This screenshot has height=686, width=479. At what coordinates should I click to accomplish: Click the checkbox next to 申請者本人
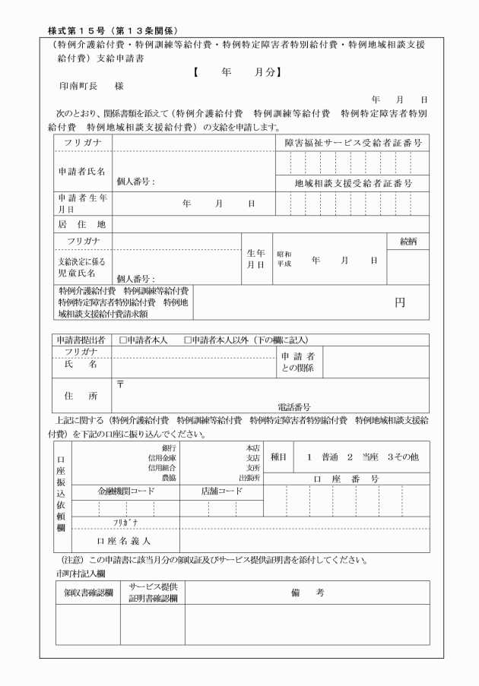[x=123, y=340]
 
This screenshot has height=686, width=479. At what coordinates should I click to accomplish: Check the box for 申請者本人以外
[x=187, y=340]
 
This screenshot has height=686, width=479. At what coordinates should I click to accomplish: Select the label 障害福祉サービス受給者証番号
[x=353, y=143]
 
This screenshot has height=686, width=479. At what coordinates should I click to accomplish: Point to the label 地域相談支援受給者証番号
[x=353, y=183]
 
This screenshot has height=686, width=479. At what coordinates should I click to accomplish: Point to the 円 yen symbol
[x=399, y=302]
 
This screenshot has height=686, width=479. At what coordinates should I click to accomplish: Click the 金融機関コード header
[x=125, y=492]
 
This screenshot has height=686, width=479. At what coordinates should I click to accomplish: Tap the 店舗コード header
[x=221, y=492]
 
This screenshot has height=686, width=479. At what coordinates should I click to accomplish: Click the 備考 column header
[x=307, y=593]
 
